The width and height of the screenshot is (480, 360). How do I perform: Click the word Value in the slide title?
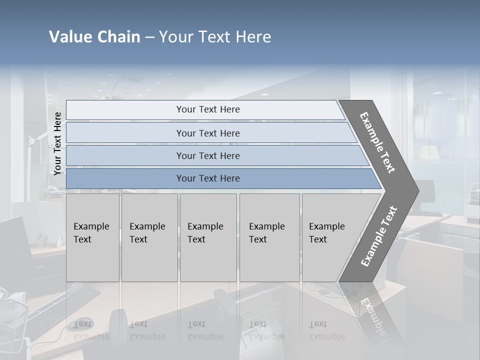pos(69,37)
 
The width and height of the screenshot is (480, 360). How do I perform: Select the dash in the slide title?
pos(149,37)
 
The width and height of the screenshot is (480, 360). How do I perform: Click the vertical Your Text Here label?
pos(57,144)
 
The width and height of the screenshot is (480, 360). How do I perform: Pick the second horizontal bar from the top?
pos(207,133)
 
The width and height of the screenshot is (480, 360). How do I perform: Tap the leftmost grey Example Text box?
pos(92,237)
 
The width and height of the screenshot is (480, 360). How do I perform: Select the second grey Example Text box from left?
pos(149,237)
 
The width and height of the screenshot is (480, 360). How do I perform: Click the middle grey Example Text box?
pos(208,237)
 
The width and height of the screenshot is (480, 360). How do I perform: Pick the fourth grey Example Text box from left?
pos(269,237)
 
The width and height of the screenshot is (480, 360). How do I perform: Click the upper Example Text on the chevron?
pos(377,143)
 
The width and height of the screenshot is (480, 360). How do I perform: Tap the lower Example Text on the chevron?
pos(378,236)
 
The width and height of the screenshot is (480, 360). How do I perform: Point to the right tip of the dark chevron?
pos(417,190)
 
